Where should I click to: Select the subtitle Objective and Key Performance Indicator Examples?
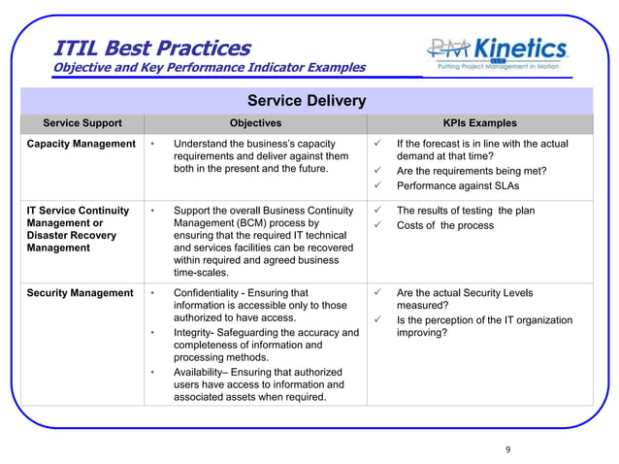point(209,68)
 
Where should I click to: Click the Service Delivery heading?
point(307,101)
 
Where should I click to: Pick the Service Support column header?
point(82,123)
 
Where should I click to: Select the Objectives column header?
point(255,123)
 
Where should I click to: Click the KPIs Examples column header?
point(479,123)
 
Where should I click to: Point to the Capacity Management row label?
point(81,144)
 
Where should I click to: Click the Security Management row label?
point(80,293)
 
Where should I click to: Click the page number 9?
point(507,449)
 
